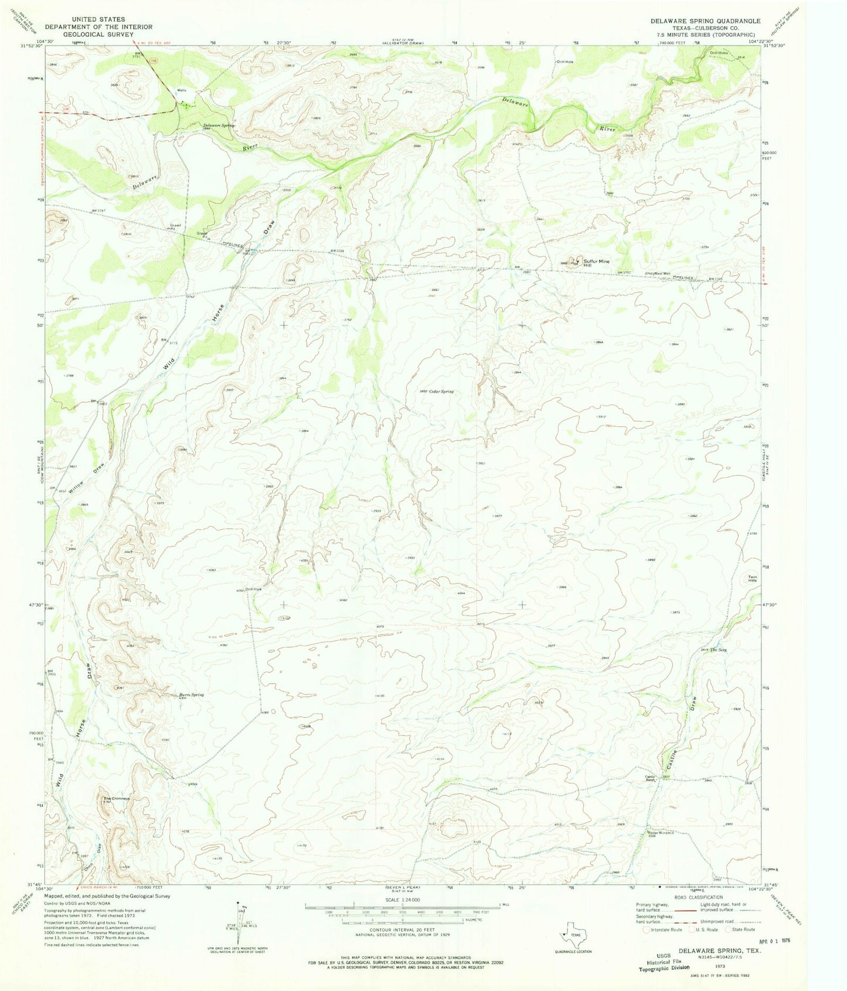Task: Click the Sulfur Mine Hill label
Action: (x=596, y=263)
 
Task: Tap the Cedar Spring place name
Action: (x=441, y=391)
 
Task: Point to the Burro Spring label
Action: (x=192, y=695)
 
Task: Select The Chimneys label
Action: (x=117, y=798)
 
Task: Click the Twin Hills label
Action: (x=752, y=579)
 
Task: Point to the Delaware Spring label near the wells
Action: (x=219, y=125)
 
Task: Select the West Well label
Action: (x=662, y=274)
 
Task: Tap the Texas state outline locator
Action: (x=573, y=938)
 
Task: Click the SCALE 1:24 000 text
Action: (x=402, y=900)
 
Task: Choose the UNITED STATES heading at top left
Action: (x=97, y=19)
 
